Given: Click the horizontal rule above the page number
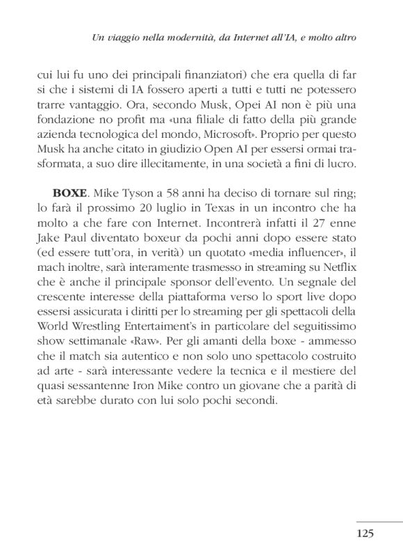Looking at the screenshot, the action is [x=379, y=521].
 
